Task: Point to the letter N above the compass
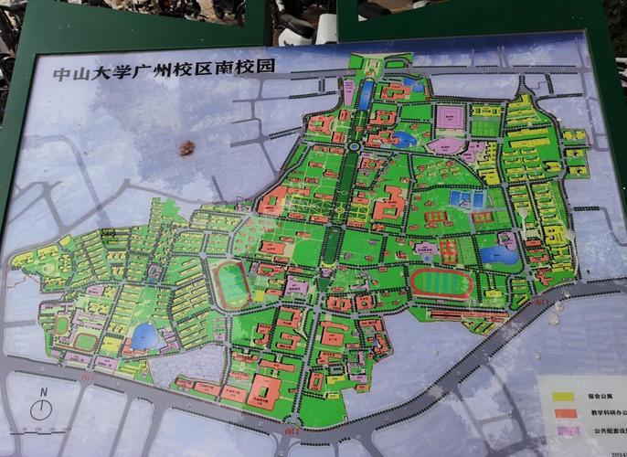coord(42,392)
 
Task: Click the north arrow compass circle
coord(41,410)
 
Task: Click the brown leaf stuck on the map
coord(189,147)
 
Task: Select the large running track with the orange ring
coord(441,282)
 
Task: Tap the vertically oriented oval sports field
coord(233,284)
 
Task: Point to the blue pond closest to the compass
coord(143,337)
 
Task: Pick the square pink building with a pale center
coord(450,118)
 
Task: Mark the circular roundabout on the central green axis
coord(352,147)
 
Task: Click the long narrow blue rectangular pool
coord(366,94)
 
